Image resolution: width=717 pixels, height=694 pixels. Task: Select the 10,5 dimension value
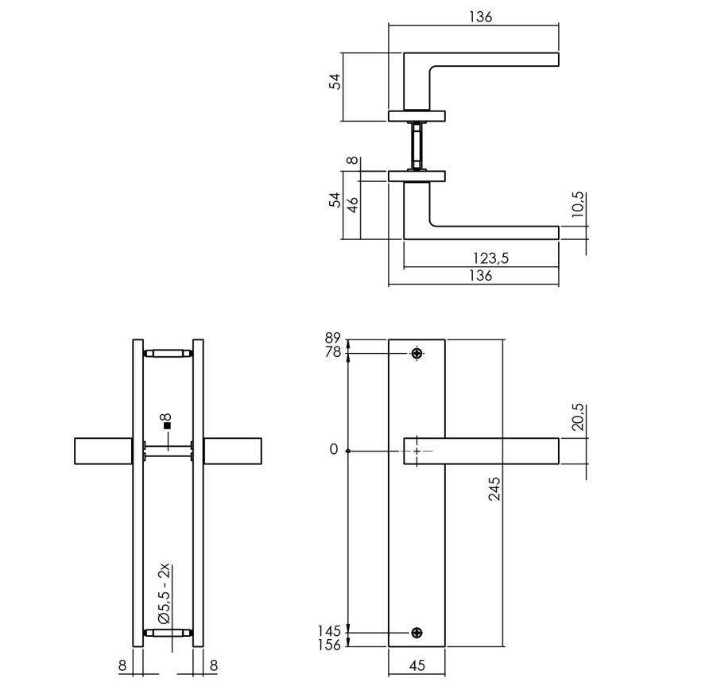coord(578,204)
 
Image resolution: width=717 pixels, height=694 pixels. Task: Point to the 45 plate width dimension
coord(417,666)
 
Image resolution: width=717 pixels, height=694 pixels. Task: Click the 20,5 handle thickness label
coord(578,417)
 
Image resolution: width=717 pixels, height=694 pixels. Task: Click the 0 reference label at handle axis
coord(333,450)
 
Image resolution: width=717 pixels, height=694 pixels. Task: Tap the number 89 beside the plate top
coord(332,339)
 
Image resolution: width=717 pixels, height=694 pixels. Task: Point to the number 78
coord(332,352)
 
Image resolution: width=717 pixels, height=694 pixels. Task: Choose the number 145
coord(330,631)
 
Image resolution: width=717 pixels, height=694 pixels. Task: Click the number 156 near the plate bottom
coord(330,645)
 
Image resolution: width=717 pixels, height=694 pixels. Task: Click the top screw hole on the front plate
coord(417,353)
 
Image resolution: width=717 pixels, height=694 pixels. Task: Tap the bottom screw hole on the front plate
coord(417,633)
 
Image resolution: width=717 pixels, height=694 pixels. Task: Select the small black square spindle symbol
coord(168,426)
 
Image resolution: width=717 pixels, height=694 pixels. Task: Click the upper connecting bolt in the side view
coord(168,353)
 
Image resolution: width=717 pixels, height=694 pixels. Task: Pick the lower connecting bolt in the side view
coord(168,634)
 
